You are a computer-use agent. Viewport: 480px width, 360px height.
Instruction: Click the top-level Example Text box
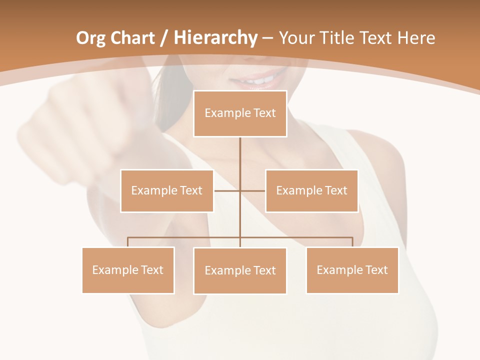pos(240,113)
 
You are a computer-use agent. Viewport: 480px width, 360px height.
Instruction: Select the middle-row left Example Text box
pos(167,190)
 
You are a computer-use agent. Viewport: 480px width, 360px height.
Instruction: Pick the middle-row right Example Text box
pos(311,190)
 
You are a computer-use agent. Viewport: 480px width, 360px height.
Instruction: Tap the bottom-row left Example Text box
pos(128,270)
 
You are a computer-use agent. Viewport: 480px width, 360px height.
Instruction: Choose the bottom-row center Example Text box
pos(240,270)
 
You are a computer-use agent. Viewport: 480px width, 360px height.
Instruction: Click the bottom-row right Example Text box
pos(352,270)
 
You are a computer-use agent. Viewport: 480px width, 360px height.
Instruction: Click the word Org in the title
pos(90,38)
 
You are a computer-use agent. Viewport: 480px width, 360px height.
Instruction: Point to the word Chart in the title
pos(132,38)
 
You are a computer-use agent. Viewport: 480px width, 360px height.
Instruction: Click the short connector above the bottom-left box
pos(128,242)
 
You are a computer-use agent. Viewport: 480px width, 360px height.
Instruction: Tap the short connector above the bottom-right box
pos(352,242)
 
